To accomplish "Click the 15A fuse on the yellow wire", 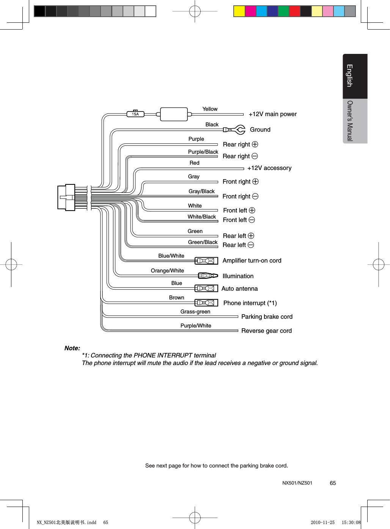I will point(135,114).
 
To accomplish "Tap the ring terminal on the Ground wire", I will point(239,130).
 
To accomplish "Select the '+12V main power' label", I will point(272,114).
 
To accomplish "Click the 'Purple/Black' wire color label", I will point(203,152).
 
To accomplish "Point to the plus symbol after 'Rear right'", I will point(255,144).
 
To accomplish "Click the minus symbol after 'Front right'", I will point(255,196).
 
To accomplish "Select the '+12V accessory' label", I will point(269,168).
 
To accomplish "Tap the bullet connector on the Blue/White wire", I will point(206,261).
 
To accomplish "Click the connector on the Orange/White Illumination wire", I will point(208,276).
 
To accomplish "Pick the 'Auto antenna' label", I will point(239,289).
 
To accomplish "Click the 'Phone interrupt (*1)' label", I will point(250,303).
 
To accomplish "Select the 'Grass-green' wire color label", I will point(195,312).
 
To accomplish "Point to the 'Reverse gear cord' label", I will point(266,331).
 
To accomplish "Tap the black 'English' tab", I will point(355,76).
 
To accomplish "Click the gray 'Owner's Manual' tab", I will point(355,121).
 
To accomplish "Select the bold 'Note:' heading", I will point(72,348).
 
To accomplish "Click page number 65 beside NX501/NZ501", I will point(333,483).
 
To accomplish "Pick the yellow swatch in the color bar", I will point(239,11).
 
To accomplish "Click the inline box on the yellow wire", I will point(174,114).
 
